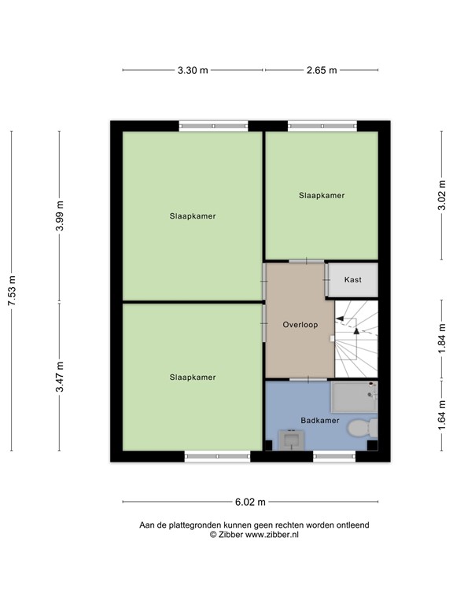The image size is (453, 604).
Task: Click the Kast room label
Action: (352, 279)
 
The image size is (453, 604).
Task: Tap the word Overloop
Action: (300, 324)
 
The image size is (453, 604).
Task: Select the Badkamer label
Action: (320, 421)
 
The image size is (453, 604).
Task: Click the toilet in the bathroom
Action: (363, 429)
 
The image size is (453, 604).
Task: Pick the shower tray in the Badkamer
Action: (353, 397)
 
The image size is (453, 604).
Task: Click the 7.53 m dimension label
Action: (11, 292)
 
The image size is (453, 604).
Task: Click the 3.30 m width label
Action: (193, 70)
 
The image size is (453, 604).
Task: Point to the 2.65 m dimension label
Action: (321, 70)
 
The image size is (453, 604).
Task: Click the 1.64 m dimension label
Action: (443, 416)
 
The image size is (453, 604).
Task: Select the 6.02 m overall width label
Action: (250, 502)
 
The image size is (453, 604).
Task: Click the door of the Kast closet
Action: (326, 279)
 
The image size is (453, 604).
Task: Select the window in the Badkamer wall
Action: (333, 455)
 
